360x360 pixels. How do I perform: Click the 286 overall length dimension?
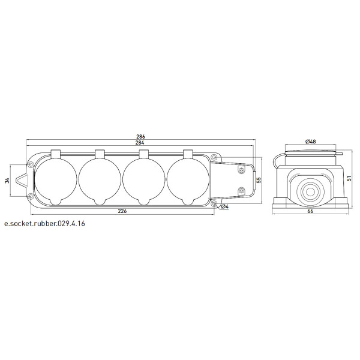point(142,136)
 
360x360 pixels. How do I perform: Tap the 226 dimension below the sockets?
point(122,211)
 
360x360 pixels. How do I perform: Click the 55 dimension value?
point(259,179)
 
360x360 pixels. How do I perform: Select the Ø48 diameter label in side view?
point(311,141)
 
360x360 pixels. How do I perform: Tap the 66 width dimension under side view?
point(311,212)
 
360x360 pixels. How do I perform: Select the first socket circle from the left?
point(56,179)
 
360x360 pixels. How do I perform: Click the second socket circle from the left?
point(100,179)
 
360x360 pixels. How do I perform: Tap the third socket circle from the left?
point(144,179)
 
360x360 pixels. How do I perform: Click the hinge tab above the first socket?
point(56,154)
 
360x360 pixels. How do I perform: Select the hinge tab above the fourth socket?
point(188,154)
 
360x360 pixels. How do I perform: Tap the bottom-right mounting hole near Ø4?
point(214,203)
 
